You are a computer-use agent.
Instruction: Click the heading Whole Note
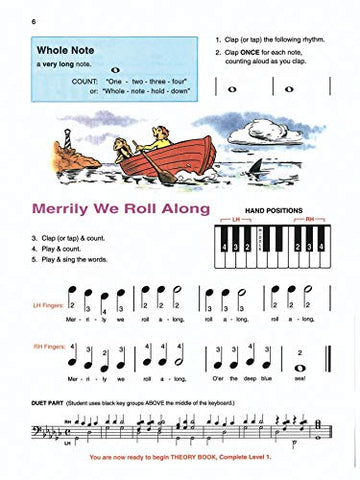[x=67, y=48]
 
